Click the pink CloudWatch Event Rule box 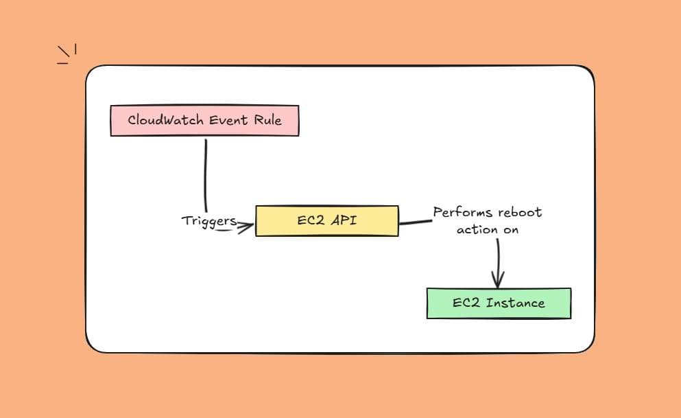204,120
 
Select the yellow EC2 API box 326,221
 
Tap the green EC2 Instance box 499,303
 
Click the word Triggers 208,221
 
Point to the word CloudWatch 166,119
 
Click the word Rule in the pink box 268,119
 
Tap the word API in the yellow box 343,221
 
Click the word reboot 520,213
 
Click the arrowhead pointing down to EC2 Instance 498,281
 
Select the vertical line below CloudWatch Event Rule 205,172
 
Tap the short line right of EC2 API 416,222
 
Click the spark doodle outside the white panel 67,55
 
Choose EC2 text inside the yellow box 309,221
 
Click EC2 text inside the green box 466,303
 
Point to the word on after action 511,230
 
